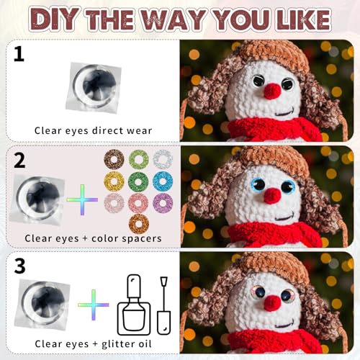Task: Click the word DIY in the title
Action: pyautogui.click(x=54, y=19)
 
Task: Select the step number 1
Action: pyautogui.click(x=19, y=54)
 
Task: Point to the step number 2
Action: pyautogui.click(x=19, y=161)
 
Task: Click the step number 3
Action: pyautogui.click(x=19, y=266)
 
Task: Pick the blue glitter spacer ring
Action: pyautogui.click(x=163, y=181)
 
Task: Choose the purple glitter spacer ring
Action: pyautogui.click(x=163, y=203)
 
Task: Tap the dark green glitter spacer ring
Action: pyautogui.click(x=138, y=182)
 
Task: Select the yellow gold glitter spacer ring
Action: pyautogui.click(x=114, y=181)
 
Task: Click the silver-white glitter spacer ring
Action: pyautogui.click(x=163, y=159)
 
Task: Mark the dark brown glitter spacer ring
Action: pyautogui.click(x=114, y=160)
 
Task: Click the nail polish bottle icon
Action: pyautogui.click(x=134, y=305)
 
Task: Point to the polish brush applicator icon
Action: pyautogui.click(x=164, y=305)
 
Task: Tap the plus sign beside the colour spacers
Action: pyautogui.click(x=82, y=199)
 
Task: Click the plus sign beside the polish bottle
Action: pyautogui.click(x=94, y=305)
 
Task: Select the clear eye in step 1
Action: pyautogui.click(x=94, y=87)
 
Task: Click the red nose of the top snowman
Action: pyautogui.click(x=272, y=91)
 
